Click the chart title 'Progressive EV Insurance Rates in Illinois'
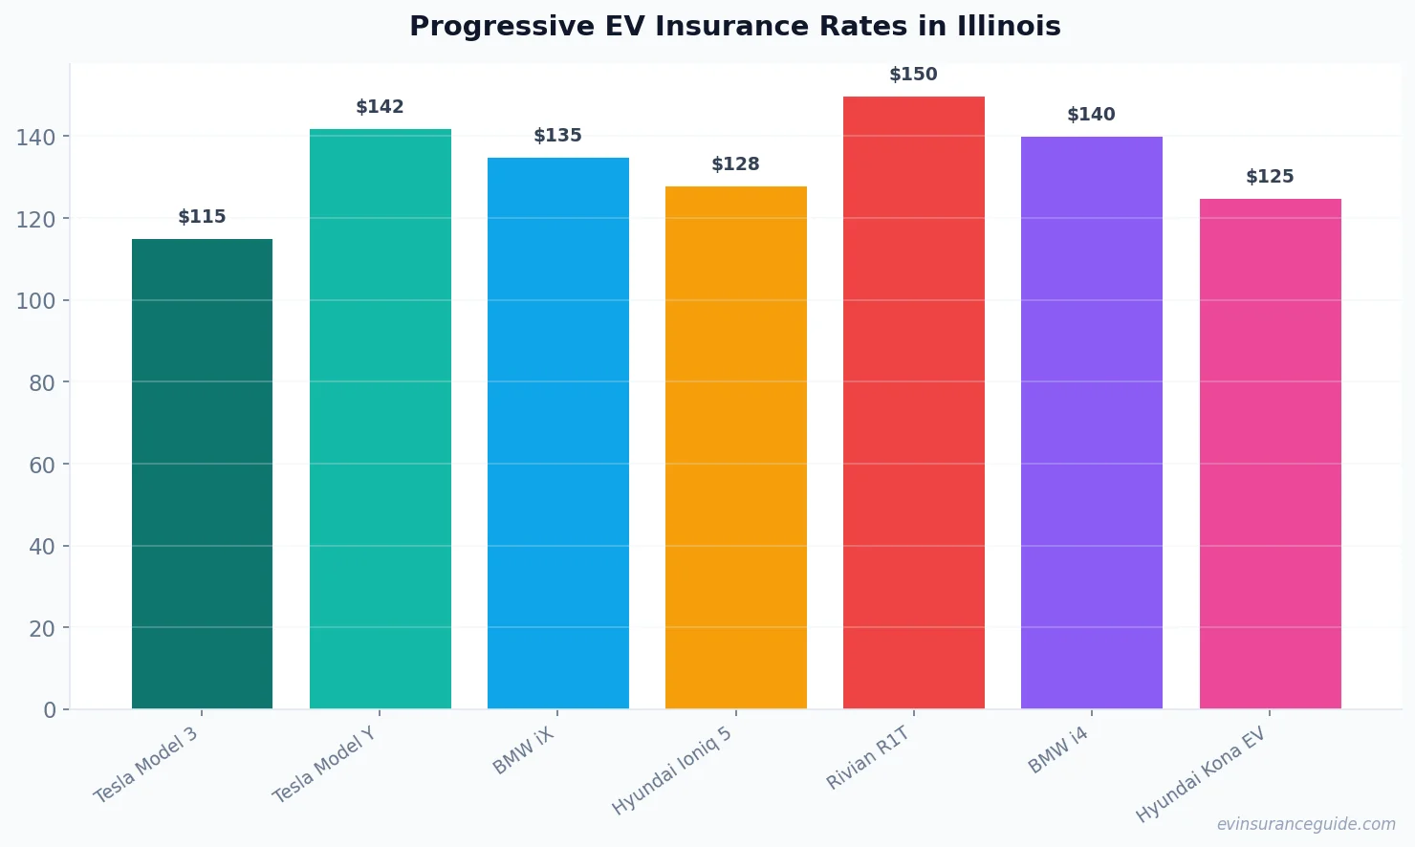click(x=734, y=27)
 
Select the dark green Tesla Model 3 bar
click(x=202, y=473)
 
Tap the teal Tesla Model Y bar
click(x=380, y=419)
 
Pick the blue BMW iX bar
click(x=557, y=433)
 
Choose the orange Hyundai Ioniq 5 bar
click(x=735, y=447)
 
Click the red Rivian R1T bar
click(x=913, y=402)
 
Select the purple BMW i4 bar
click(x=1091, y=423)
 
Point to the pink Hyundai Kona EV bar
click(x=1270, y=453)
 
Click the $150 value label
click(x=913, y=75)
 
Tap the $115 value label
click(x=202, y=217)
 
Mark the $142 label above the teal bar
click(x=380, y=107)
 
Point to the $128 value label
click(x=735, y=164)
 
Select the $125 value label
click(x=1270, y=177)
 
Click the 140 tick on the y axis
click(x=35, y=138)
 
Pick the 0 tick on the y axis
click(x=50, y=710)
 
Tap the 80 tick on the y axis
click(x=41, y=383)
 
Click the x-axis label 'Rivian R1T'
click(x=867, y=758)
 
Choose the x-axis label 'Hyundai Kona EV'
click(x=1200, y=774)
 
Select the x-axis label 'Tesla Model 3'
click(x=145, y=765)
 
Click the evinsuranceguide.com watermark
click(x=1306, y=824)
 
